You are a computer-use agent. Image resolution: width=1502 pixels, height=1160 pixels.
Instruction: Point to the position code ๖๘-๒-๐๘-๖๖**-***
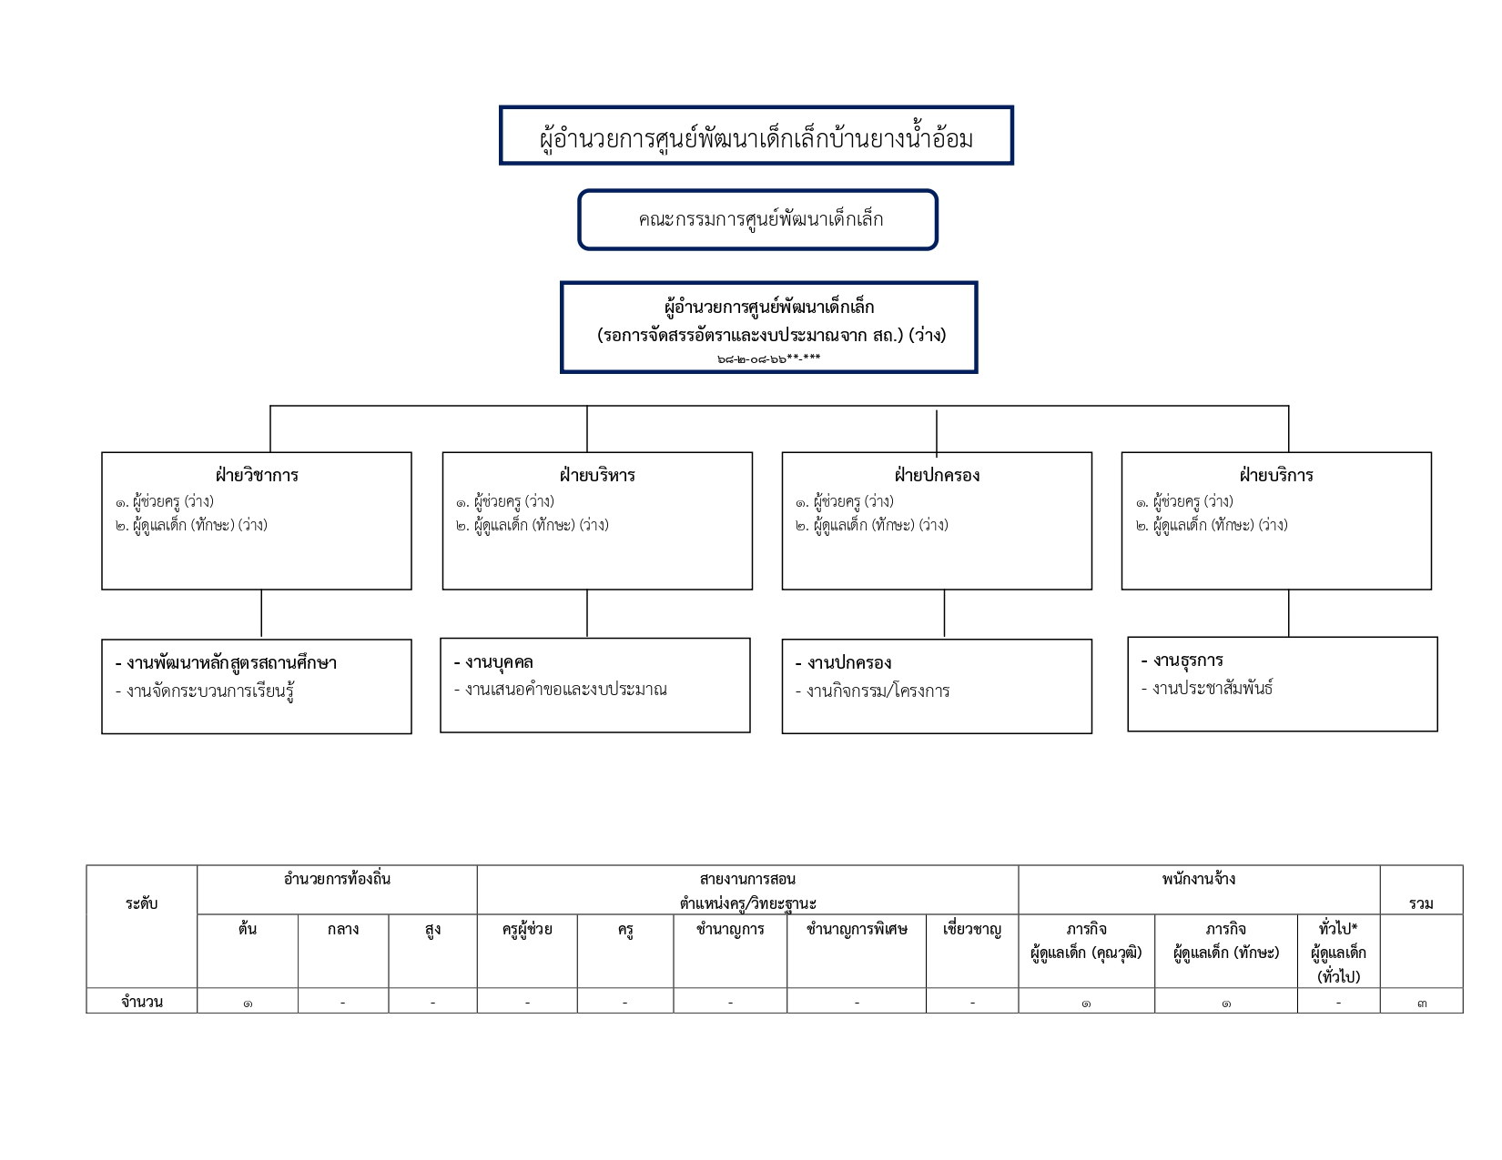pyautogui.click(x=768, y=358)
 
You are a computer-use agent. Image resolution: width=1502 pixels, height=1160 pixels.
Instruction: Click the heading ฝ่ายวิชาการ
pyautogui.click(x=257, y=475)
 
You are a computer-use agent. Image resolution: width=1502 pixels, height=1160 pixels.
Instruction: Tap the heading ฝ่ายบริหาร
pyautogui.click(x=597, y=475)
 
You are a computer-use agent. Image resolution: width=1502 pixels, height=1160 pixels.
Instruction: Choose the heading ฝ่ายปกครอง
pyautogui.click(x=937, y=475)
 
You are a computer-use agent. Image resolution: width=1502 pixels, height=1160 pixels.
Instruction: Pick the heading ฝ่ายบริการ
pyautogui.click(x=1276, y=475)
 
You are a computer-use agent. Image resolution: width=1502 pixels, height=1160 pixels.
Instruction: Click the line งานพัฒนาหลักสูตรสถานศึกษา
pyautogui.click(x=226, y=663)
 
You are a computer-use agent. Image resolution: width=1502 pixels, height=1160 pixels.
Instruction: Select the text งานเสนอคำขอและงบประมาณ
pyautogui.click(x=561, y=690)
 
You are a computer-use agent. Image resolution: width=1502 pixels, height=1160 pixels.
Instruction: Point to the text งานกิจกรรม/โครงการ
pyautogui.click(x=872, y=691)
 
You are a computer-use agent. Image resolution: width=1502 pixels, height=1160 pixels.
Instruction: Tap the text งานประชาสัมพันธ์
pyautogui.click(x=1207, y=688)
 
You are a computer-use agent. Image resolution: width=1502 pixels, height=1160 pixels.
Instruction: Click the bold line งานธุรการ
pyautogui.click(x=1182, y=661)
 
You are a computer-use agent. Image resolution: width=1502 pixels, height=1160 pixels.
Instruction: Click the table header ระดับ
pyautogui.click(x=142, y=903)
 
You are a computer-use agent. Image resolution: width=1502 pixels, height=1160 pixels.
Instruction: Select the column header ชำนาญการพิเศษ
pyautogui.click(x=857, y=929)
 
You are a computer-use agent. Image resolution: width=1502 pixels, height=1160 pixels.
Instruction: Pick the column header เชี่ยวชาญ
pyautogui.click(x=972, y=929)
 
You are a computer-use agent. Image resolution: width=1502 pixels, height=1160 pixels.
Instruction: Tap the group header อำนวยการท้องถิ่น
pyautogui.click(x=338, y=880)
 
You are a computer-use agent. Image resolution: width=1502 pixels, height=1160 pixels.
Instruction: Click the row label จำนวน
pyautogui.click(x=142, y=1002)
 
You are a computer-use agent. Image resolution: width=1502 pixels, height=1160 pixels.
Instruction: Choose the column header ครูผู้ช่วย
pyautogui.click(x=527, y=929)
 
